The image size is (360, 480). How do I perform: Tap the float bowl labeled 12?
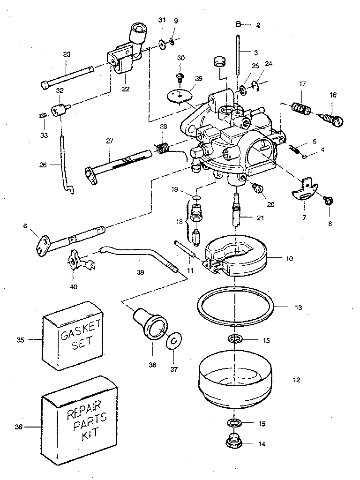point(236,380)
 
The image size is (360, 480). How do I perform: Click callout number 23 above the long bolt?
point(67,55)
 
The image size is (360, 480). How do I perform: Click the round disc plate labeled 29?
point(180,93)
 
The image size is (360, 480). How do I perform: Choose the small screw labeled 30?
point(179,75)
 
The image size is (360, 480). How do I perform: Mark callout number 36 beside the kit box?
point(18,427)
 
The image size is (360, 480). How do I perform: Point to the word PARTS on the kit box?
point(87,424)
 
